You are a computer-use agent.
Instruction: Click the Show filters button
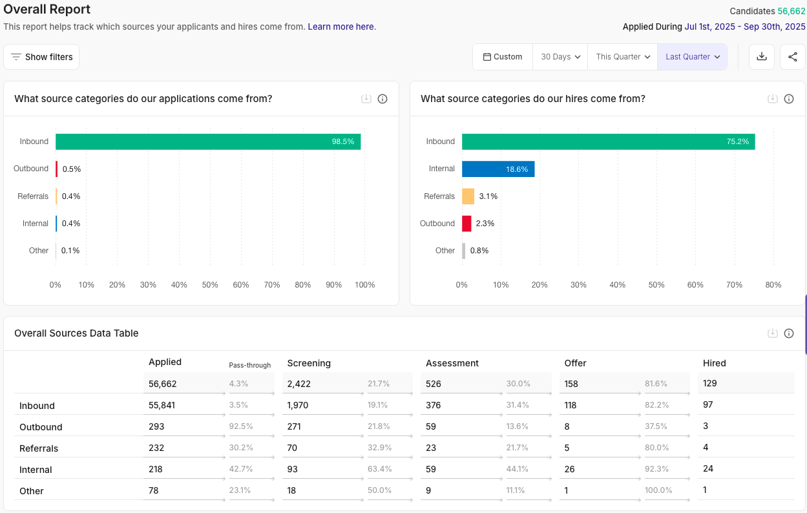[x=41, y=57]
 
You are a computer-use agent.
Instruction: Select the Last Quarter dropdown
[x=692, y=57]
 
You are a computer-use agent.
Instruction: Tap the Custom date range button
[x=503, y=57]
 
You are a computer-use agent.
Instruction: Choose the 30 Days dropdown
[x=560, y=57]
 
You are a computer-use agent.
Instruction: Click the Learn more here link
[x=341, y=26]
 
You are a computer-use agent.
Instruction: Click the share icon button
[x=793, y=57]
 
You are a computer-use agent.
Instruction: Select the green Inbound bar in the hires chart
[x=608, y=141]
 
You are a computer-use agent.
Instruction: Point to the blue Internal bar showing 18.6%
[x=498, y=169]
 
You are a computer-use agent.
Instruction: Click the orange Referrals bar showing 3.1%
[x=468, y=196]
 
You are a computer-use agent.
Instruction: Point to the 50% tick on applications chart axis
[x=210, y=285]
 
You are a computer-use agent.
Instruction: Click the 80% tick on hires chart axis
[x=773, y=285]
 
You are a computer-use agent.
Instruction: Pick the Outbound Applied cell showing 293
[x=156, y=426]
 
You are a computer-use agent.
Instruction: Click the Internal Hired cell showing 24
[x=709, y=468]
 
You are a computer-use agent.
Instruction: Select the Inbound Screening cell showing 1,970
[x=298, y=405]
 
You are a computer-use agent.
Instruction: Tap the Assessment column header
[x=452, y=363]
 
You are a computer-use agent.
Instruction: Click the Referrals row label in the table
[x=39, y=448]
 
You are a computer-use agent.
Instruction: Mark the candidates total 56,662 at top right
[x=791, y=11]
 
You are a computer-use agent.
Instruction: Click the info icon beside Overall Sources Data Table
[x=789, y=333]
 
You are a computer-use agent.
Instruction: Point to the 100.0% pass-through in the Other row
[x=658, y=490]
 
